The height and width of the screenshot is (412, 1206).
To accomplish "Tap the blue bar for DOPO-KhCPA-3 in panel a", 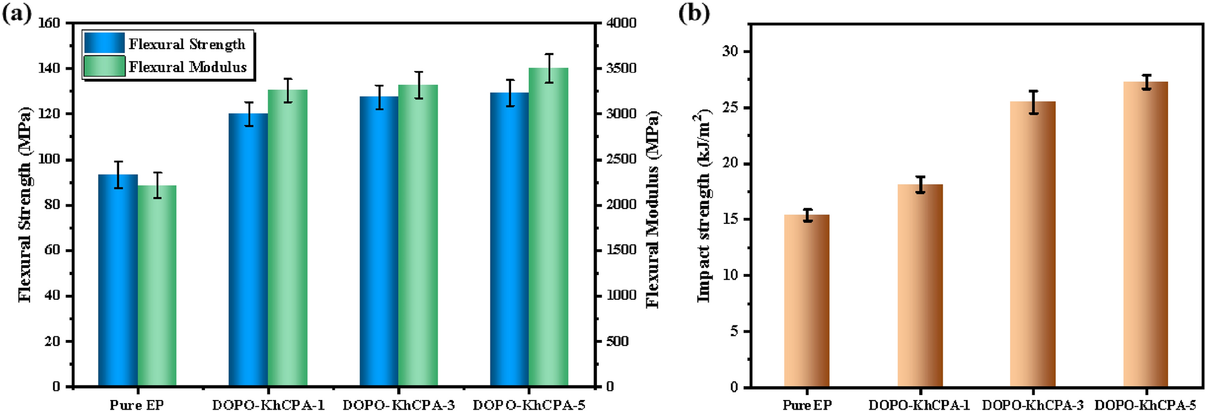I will click(x=379, y=241).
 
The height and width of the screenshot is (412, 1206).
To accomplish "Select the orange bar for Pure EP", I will click(x=807, y=300).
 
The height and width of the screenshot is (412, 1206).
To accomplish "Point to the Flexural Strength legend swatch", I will click(x=104, y=43).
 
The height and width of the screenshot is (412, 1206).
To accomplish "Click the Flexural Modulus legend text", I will click(x=188, y=67).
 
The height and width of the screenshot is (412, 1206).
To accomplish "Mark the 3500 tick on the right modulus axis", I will click(x=621, y=68).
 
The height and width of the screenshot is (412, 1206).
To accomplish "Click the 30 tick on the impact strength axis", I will click(x=729, y=52).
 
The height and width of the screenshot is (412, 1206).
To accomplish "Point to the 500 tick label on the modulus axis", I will click(x=617, y=341).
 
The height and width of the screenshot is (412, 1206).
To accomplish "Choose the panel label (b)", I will click(x=694, y=13).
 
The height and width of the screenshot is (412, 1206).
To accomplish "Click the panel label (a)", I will click(x=16, y=13).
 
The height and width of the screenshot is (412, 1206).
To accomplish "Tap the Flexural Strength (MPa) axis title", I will click(x=25, y=204).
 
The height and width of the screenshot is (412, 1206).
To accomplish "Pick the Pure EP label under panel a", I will click(x=136, y=405).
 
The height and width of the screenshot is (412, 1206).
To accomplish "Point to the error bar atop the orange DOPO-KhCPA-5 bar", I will click(x=1146, y=82).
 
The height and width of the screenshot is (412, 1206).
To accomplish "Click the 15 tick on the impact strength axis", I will click(x=729, y=219).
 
